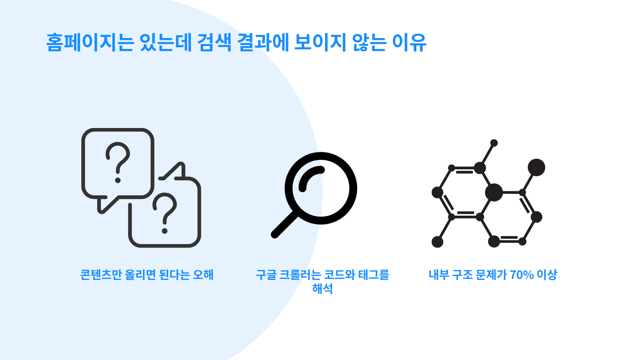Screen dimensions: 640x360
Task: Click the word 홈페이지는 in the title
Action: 90,42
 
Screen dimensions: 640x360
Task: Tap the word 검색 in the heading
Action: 214,42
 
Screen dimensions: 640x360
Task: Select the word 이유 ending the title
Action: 409,42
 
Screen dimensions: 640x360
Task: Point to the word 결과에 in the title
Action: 263,42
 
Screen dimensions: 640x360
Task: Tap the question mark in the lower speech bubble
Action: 165,213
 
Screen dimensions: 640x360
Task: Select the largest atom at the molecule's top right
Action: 536,167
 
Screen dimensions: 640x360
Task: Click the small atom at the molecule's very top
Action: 494,143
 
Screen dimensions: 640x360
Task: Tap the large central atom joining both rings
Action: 494,192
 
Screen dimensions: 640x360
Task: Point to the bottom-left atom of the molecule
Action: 437,242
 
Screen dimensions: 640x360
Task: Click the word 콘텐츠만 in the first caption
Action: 101,275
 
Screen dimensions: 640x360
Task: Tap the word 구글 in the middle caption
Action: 266,275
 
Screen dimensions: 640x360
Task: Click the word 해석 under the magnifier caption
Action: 322,288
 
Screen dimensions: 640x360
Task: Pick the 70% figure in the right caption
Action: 522,275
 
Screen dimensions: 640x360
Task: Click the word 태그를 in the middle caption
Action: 374,275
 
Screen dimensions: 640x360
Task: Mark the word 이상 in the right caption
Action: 547,275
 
